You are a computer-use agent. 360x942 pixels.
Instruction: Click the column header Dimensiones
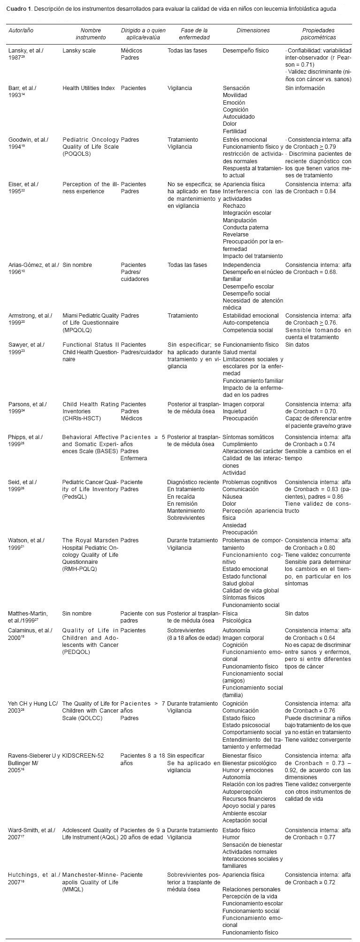(253, 30)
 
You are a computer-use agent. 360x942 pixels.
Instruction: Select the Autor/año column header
(21, 30)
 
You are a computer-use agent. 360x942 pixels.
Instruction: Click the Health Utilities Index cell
(89, 88)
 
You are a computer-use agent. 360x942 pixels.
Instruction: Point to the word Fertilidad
(234, 131)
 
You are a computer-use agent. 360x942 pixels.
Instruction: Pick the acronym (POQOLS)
(78, 154)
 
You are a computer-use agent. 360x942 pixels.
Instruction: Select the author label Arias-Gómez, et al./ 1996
(33, 268)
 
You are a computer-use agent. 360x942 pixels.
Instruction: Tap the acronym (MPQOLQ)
(78, 330)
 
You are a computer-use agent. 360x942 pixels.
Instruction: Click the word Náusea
(232, 496)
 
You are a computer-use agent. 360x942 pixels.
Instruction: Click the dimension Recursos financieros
(249, 798)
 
